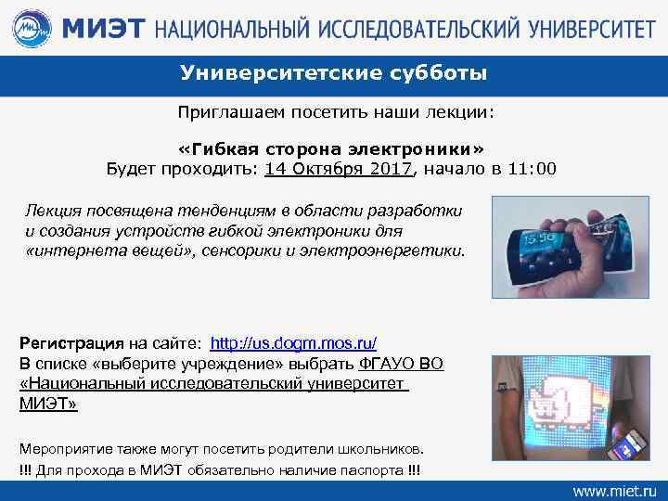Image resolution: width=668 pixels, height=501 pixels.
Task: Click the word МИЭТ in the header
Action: (x=103, y=28)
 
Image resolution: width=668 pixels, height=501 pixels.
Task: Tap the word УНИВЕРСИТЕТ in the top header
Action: (x=581, y=28)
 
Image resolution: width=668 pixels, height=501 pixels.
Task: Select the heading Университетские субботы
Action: (x=333, y=73)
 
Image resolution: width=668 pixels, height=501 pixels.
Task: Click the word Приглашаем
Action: (x=225, y=112)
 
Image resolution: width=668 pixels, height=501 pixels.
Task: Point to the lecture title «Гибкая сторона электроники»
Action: (x=333, y=149)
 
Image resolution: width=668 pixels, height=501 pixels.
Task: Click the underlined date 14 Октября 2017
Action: (x=338, y=169)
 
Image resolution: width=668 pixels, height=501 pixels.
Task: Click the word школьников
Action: (x=381, y=443)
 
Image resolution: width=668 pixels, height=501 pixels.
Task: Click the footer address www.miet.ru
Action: (x=613, y=488)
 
